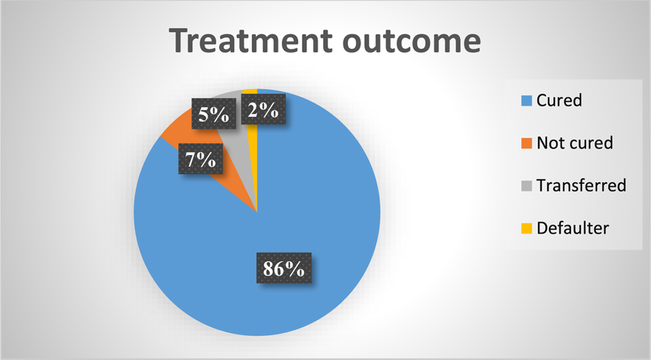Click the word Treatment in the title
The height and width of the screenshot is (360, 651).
click(x=251, y=41)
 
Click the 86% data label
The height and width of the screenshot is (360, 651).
click(x=284, y=268)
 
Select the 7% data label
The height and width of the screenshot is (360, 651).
click(x=200, y=158)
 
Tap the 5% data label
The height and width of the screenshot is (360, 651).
click(x=214, y=114)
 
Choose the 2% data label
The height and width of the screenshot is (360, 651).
click(x=263, y=110)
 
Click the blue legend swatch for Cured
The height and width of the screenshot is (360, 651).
click(x=526, y=101)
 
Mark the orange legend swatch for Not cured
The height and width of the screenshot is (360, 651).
click(x=526, y=143)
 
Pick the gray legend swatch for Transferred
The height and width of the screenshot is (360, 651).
click(x=526, y=186)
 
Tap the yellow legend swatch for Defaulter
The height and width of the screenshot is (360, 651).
click(x=526, y=228)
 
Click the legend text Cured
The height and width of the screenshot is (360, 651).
click(x=560, y=100)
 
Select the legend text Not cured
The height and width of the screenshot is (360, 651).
click(x=575, y=143)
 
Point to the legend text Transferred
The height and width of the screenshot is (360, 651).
click(x=582, y=185)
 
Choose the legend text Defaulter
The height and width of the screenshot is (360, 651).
click(x=572, y=228)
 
